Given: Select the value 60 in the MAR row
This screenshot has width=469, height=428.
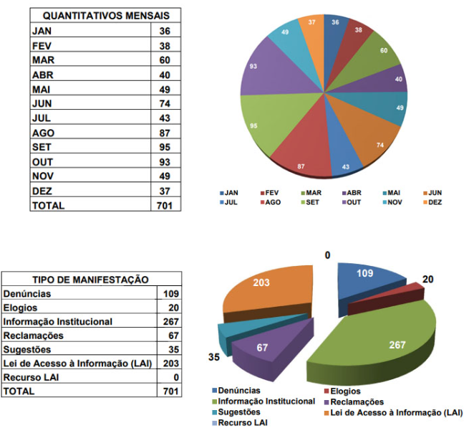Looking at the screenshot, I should (165, 60).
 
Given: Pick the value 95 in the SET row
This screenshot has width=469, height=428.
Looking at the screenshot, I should (165, 147).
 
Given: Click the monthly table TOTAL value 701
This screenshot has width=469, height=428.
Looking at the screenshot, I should (165, 205).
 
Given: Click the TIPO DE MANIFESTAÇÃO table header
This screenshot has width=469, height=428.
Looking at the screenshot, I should (91, 280).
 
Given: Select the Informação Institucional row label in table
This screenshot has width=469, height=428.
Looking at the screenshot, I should (57, 322).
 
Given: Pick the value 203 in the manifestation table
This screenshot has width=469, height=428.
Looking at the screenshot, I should (170, 363).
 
